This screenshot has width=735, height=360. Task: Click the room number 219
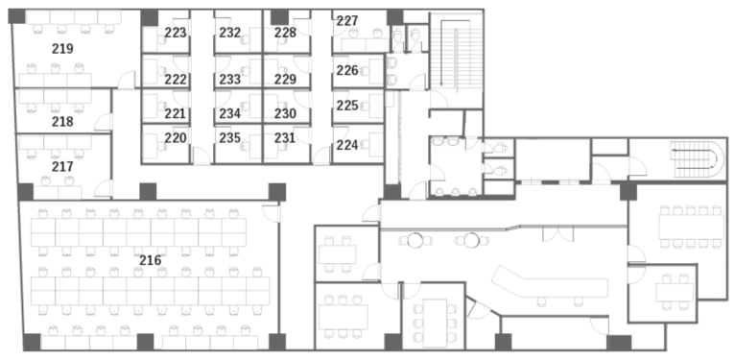click(x=62, y=48)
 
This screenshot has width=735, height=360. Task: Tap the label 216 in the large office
click(x=150, y=260)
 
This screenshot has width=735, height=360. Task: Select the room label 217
click(x=62, y=166)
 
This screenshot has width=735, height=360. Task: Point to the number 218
click(x=62, y=122)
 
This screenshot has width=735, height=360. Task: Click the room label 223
click(x=176, y=33)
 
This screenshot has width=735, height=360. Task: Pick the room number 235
click(x=229, y=138)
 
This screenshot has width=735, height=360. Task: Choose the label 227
click(x=347, y=21)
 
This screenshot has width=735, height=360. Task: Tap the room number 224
click(x=347, y=145)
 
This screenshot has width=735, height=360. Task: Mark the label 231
click(x=285, y=138)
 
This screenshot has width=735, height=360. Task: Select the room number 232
click(x=229, y=33)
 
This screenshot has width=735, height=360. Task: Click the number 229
click(x=285, y=80)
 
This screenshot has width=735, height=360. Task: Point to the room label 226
click(x=347, y=70)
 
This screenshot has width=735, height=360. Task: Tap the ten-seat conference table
click(x=691, y=228)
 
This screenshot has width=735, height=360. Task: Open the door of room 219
click(x=127, y=80)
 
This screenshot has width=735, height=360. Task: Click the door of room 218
click(x=103, y=122)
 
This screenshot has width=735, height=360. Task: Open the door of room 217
click(x=103, y=188)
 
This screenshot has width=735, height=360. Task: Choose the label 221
click(x=176, y=114)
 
